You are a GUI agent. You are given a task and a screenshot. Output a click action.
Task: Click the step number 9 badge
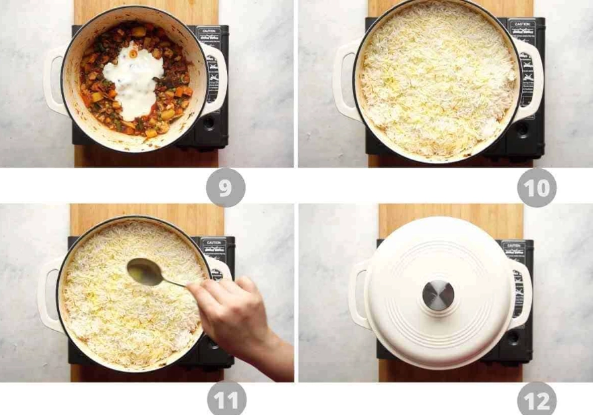coord(225,188)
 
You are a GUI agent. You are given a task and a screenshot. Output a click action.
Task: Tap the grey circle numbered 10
coord(537,188)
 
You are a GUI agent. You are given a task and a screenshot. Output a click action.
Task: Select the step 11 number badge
coord(226,401)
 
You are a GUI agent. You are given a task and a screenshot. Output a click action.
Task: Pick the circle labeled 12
coord(537,401)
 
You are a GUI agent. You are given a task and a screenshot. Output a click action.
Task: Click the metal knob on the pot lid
coord(438,295)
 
